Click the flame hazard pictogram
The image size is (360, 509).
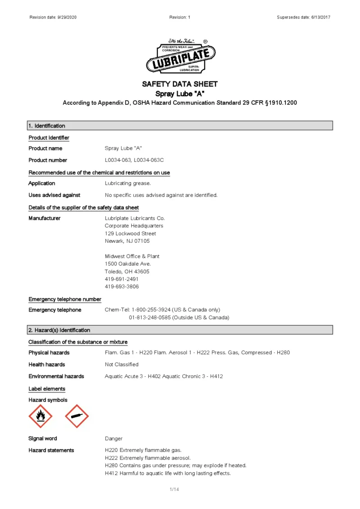[x=40, y=416]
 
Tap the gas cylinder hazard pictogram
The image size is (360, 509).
[x=77, y=416]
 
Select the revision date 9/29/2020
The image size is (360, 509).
[x=70, y=17]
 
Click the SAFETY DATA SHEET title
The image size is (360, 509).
[x=180, y=84]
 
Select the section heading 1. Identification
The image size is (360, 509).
[x=47, y=126]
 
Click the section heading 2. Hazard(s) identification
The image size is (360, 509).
[x=59, y=330]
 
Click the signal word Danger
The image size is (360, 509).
[x=113, y=438]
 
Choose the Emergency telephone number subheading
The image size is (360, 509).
[x=65, y=299]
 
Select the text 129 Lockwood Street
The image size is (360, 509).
[x=130, y=233]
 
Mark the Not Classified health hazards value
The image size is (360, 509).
[x=121, y=365]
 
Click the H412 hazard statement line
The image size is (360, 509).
[x=167, y=473]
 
